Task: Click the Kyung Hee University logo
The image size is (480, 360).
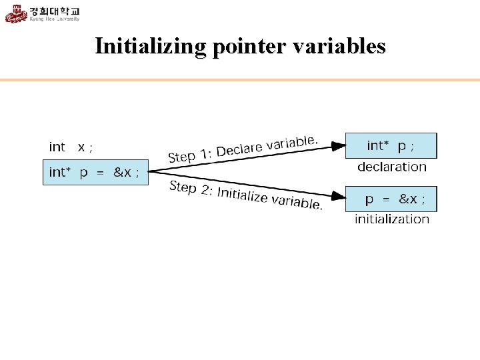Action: tap(43, 13)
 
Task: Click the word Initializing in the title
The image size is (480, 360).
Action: tap(151, 46)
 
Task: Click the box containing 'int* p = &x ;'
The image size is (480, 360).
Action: tap(95, 172)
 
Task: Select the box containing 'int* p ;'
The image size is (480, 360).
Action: tap(391, 145)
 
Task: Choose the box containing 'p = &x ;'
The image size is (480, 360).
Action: tap(391, 199)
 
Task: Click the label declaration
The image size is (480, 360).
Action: tap(391, 167)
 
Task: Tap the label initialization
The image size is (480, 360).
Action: tap(391, 219)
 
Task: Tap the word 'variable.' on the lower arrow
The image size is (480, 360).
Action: tap(296, 203)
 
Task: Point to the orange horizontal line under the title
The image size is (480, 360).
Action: tap(240, 80)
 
